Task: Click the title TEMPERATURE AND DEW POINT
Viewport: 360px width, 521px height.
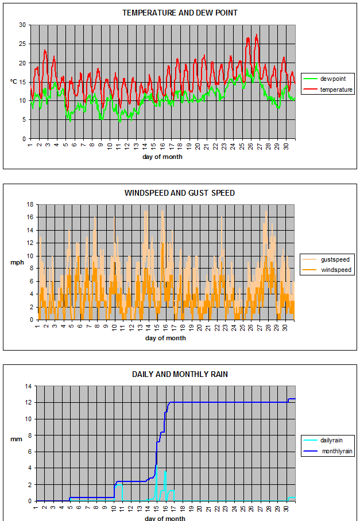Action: pyautogui.click(x=180, y=13)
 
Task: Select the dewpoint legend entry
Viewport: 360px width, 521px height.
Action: pyautogui.click(x=324, y=79)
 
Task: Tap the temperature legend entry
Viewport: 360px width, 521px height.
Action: pyautogui.click(x=328, y=90)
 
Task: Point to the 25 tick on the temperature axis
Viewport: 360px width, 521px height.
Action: pyautogui.click(x=22, y=44)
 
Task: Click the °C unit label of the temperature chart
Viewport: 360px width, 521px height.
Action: pyautogui.click(x=13, y=81)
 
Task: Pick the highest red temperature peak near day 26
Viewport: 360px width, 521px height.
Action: pyautogui.click(x=256, y=34)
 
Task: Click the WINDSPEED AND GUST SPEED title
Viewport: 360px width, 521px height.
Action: pyautogui.click(x=180, y=193)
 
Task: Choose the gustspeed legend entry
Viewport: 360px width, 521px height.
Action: pyautogui.click(x=326, y=259)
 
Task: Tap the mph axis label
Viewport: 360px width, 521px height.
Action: pyautogui.click(x=17, y=262)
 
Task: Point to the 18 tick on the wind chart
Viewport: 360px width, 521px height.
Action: pyautogui.click(x=30, y=204)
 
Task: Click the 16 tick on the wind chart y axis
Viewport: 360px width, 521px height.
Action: pyautogui.click(x=30, y=217)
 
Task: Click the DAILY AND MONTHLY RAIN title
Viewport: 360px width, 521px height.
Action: pyautogui.click(x=180, y=375)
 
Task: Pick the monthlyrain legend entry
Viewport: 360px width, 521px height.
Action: pyautogui.click(x=328, y=451)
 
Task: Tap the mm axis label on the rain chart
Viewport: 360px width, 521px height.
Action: pyautogui.click(x=16, y=440)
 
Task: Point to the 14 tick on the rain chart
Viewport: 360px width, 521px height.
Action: pyautogui.click(x=28, y=386)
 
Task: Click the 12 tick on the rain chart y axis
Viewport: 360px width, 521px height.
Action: pyautogui.click(x=28, y=402)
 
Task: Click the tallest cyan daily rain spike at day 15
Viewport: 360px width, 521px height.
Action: pyautogui.click(x=156, y=466)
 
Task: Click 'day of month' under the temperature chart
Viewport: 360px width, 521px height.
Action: pyautogui.click(x=162, y=157)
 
